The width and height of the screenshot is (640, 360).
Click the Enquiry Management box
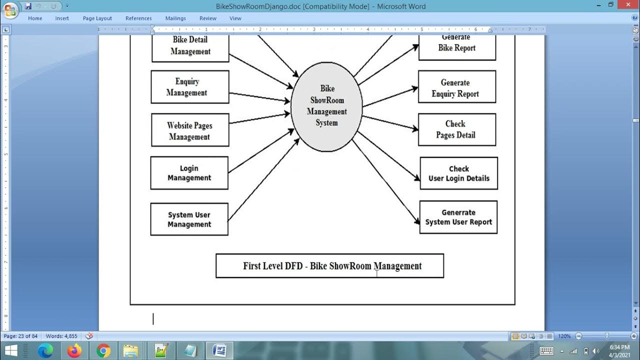[x=190, y=87]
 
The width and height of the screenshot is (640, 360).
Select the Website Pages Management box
[x=190, y=130]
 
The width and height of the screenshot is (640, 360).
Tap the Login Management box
[x=189, y=173]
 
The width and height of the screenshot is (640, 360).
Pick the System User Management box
[x=189, y=219]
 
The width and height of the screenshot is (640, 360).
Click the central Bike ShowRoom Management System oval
[x=326, y=106]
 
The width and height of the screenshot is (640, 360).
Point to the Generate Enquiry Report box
[x=456, y=87]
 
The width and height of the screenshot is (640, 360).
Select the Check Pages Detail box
[x=456, y=129]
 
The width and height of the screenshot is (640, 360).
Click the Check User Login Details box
[x=458, y=173]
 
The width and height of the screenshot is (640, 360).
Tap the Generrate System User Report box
[x=458, y=217]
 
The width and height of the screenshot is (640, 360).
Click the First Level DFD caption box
[x=329, y=265]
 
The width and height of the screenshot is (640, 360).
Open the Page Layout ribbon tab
[x=97, y=18]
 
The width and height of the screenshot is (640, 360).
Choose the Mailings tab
[x=175, y=18]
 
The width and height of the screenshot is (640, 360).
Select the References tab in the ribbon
[x=138, y=18]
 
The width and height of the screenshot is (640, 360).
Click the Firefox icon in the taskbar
[x=74, y=351]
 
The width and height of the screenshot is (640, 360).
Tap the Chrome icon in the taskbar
[x=103, y=351]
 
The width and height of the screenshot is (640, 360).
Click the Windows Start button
[x=10, y=351]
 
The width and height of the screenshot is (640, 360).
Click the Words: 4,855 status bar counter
[x=61, y=336]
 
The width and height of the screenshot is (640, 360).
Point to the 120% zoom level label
[x=564, y=336]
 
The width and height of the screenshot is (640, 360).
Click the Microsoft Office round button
[x=10, y=10]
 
